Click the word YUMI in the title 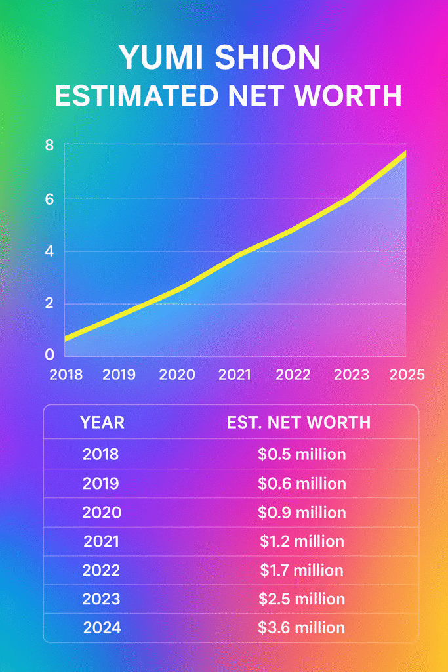[x=161, y=59]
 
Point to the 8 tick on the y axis [x=49, y=146]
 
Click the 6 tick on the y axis [x=49, y=198]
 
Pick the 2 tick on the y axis [x=49, y=304]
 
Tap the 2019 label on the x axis [x=119, y=375]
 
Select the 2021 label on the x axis [x=235, y=375]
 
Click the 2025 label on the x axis [x=407, y=375]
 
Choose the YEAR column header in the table [x=102, y=422]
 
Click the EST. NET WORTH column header [x=298, y=422]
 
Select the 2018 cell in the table [x=101, y=454]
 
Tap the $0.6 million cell [x=302, y=484]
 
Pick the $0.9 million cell [x=302, y=513]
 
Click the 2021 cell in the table [x=101, y=541]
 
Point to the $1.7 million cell [x=302, y=570]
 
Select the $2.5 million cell [x=302, y=599]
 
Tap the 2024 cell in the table [x=102, y=628]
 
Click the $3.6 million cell [x=302, y=628]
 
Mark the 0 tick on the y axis [x=49, y=355]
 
